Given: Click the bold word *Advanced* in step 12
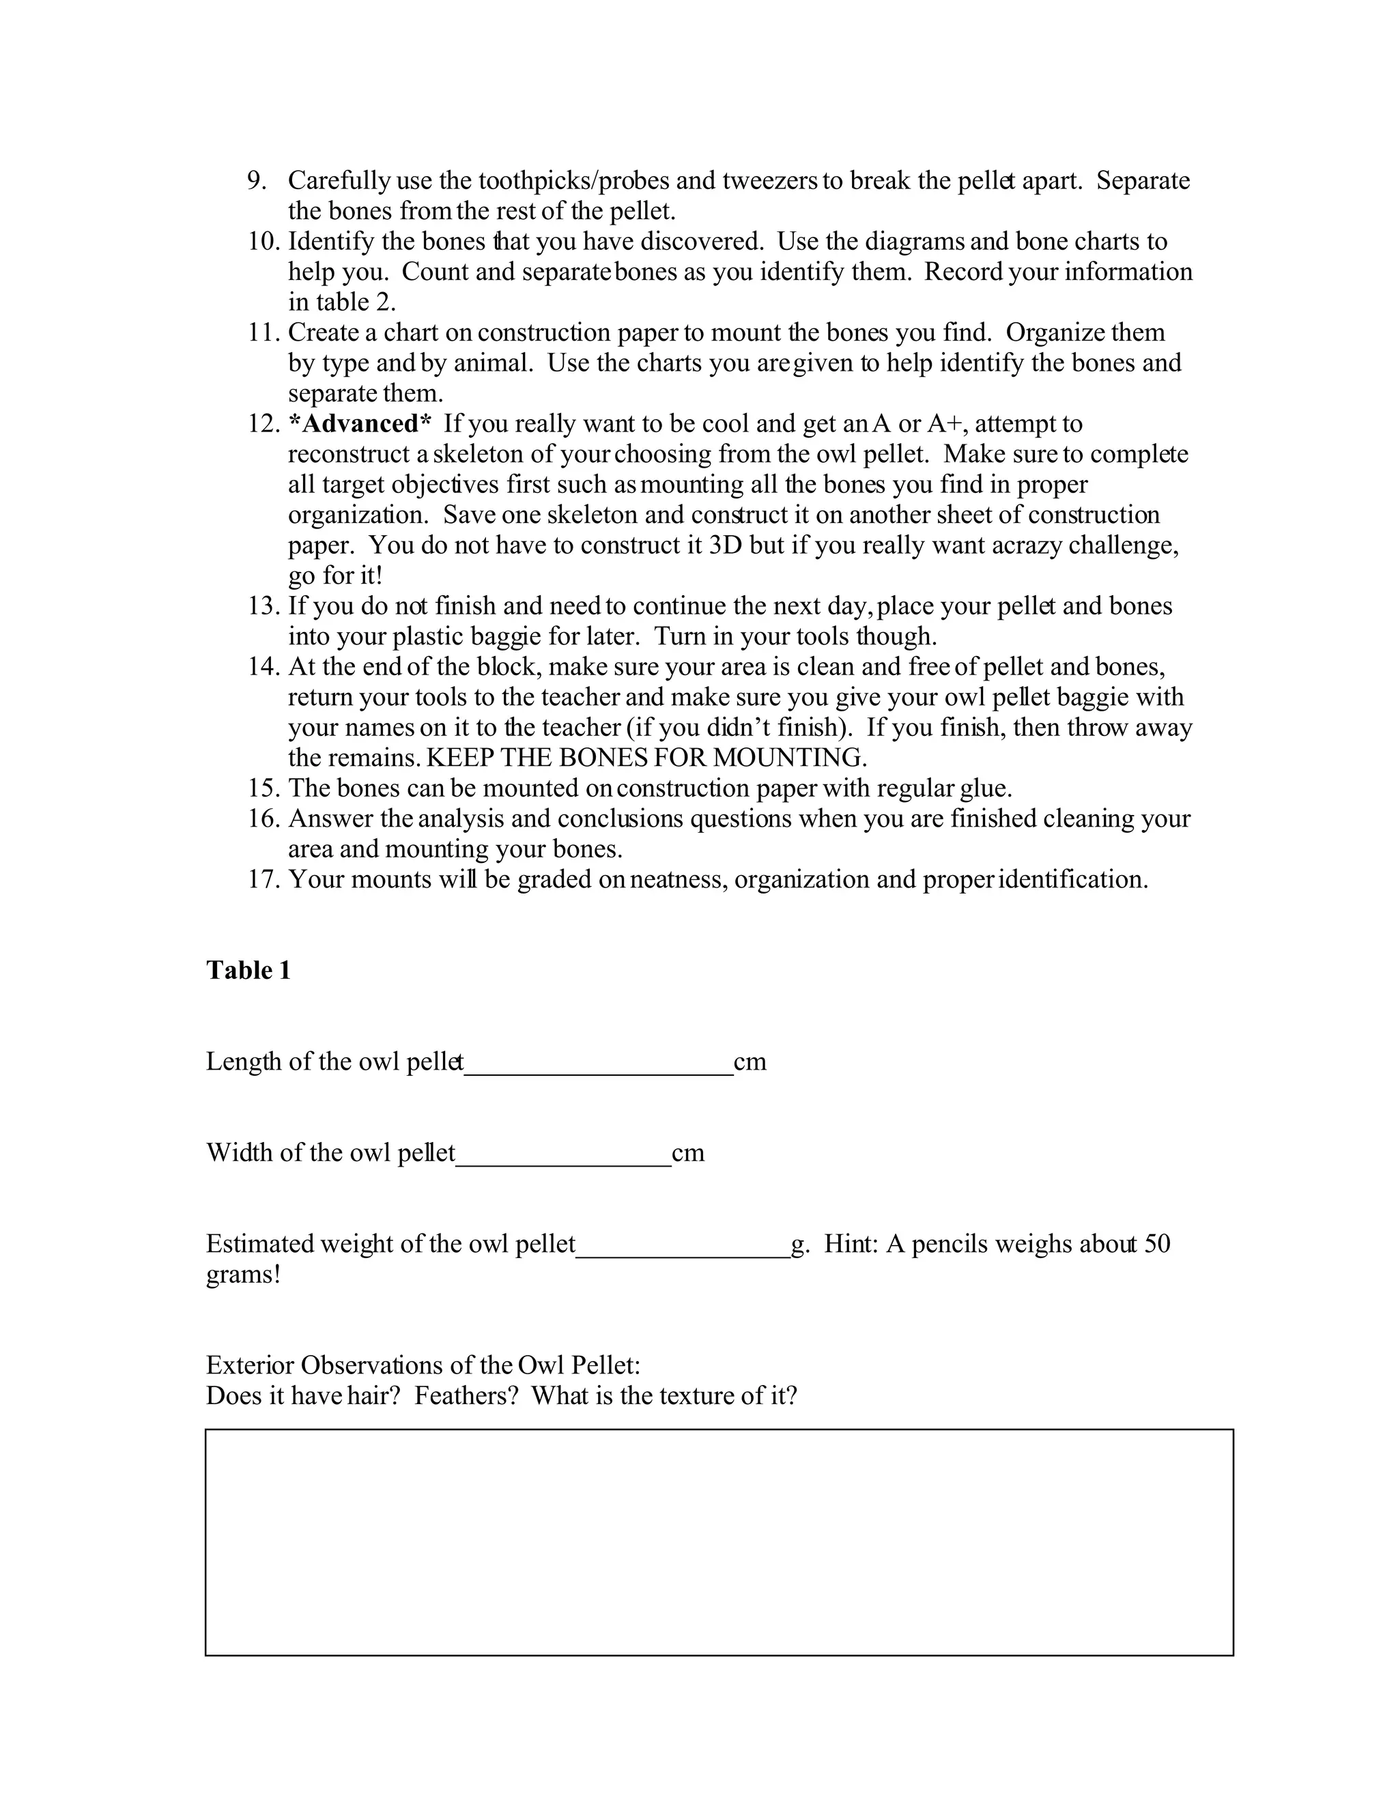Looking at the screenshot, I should [360, 424].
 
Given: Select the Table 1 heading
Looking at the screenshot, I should [248, 970].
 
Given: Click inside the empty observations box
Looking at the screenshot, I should [719, 1541].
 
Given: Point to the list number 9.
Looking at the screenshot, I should [257, 181].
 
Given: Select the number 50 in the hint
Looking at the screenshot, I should [1156, 1244].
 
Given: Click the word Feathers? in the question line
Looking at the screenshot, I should [466, 1396].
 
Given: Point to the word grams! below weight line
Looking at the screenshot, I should [242, 1274].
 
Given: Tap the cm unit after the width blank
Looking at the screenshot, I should [687, 1153].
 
